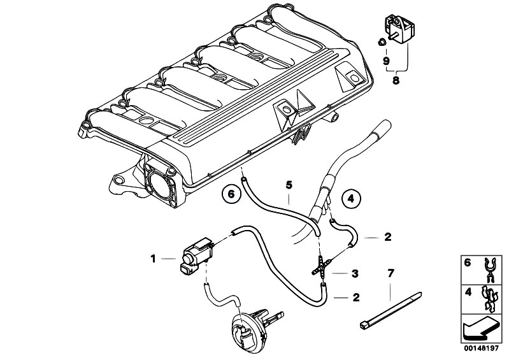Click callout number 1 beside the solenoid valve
[153, 258]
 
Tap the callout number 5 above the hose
[288, 185]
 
